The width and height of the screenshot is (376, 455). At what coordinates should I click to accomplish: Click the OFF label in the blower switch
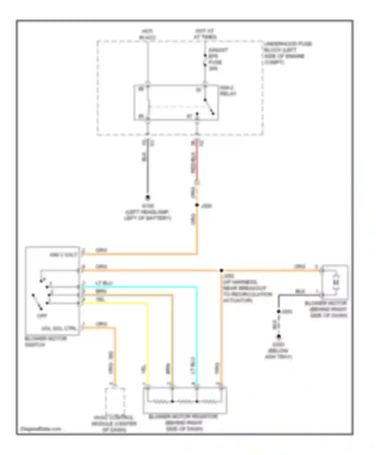coord(42,316)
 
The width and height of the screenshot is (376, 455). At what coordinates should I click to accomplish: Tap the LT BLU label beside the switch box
coord(104,283)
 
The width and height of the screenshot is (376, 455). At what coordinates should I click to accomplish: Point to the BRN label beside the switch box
coord(101,291)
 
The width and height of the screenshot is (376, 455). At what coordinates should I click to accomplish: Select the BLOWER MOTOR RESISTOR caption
coord(183,417)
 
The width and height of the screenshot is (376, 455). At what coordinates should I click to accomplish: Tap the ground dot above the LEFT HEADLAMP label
coord(148,197)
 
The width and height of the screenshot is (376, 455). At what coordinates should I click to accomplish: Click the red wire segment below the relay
coord(197,161)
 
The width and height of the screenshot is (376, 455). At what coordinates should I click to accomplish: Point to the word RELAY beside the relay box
coord(228,94)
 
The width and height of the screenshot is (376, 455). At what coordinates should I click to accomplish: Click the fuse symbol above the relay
coord(205,60)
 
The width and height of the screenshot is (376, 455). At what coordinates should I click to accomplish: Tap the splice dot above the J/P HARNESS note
coord(221,270)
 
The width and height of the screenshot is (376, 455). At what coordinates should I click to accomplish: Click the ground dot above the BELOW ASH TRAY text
coord(278,337)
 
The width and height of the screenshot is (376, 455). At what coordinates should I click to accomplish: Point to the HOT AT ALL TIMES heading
coord(205,34)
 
